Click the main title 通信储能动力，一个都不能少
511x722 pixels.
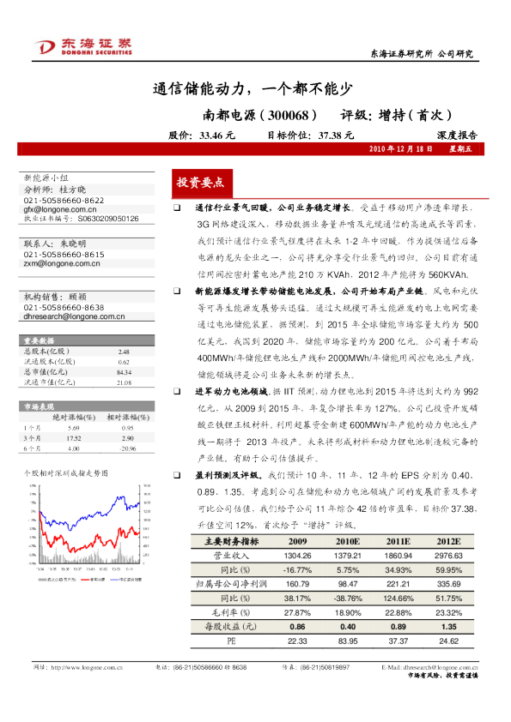(x=252, y=87)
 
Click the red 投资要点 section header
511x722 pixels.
(x=200, y=183)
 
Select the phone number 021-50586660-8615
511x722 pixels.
(x=64, y=255)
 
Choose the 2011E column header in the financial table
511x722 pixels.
(x=398, y=542)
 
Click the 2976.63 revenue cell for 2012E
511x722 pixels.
(x=448, y=555)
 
